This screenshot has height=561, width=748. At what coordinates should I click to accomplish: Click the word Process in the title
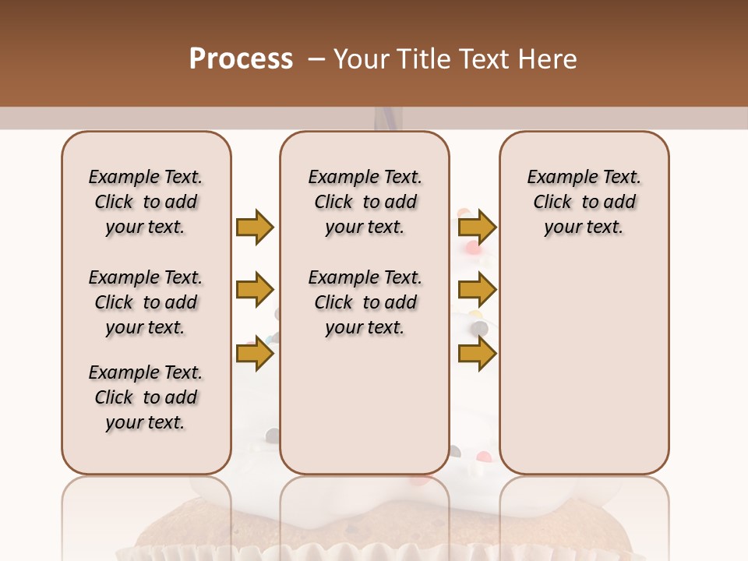(x=241, y=58)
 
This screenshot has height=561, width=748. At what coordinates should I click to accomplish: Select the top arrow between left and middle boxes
(x=255, y=227)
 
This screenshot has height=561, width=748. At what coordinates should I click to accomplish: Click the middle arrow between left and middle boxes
(x=255, y=290)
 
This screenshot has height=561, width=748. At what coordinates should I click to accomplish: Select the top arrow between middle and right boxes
(x=477, y=227)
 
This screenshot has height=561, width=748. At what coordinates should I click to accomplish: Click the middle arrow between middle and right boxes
(x=477, y=290)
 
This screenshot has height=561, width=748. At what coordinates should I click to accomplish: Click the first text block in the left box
(x=146, y=202)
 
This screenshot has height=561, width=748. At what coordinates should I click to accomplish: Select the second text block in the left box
(x=146, y=302)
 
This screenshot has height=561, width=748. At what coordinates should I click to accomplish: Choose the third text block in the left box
(x=146, y=397)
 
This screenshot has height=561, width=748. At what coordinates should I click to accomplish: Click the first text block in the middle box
(x=365, y=202)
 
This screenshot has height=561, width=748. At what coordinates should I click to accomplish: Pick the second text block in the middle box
(x=365, y=302)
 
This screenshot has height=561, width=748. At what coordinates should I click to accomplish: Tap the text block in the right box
(x=584, y=202)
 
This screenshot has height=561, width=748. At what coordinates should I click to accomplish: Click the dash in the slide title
(x=316, y=58)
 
